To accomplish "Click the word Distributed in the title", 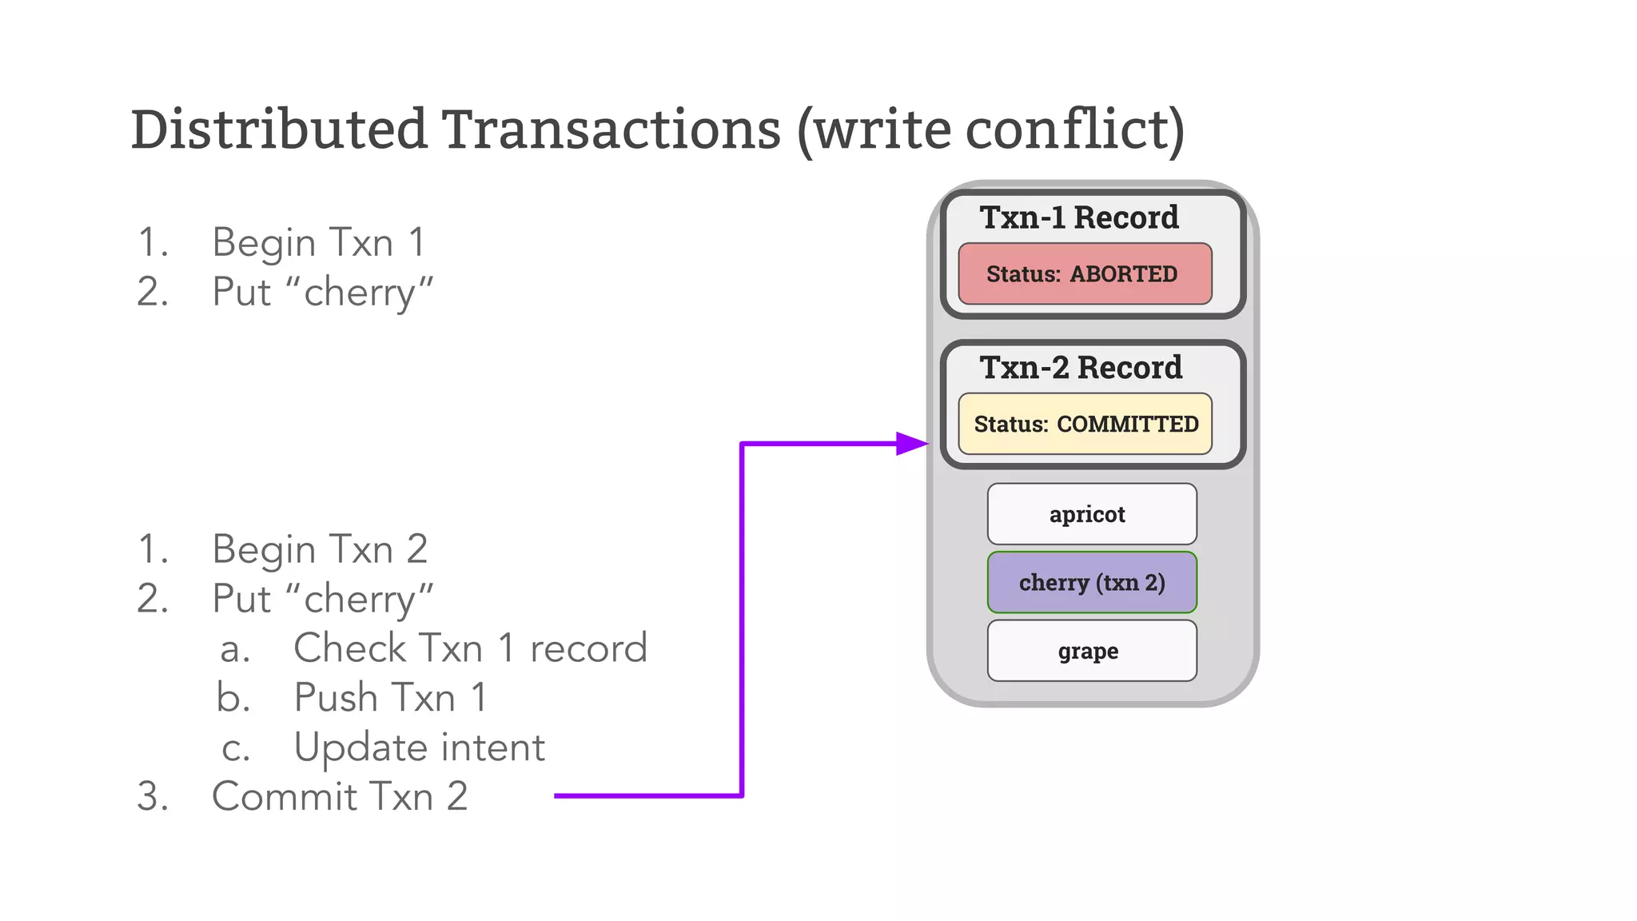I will pos(279,130).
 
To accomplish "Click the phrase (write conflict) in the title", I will pos(991,130).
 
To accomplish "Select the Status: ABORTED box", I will pos(1084,274).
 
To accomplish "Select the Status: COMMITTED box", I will pos(1085,424).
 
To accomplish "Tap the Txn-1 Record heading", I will pos(1079,217).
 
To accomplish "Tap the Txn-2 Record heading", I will pos(1081,368).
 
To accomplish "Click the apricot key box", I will pos(1091,514).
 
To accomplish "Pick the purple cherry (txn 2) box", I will pos(1091,583).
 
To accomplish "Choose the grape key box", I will pos(1091,651).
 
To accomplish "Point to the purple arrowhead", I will pos(911,443).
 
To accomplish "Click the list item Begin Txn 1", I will pos(318,243).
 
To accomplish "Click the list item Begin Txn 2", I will pos(320,550).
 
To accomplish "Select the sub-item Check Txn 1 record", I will pos(470,648).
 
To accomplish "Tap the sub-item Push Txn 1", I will pos(390,698).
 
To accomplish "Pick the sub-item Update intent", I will pos(419,748).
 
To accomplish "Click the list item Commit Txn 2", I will pos(340,797).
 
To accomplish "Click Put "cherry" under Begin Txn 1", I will pos(322,293).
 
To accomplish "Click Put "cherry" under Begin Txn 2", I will pos(322,600).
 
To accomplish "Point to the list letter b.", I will pos(233,698).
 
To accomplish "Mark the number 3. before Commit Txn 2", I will pos(153,797).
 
